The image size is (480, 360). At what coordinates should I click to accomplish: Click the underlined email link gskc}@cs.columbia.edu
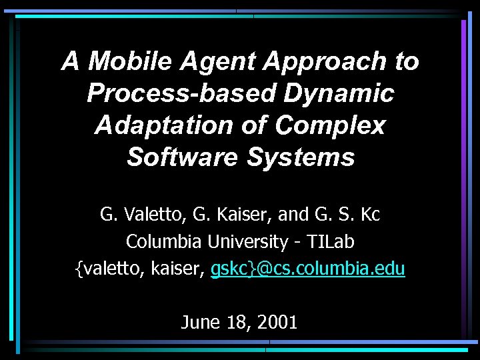(307, 269)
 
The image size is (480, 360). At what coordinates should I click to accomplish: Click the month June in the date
(200, 323)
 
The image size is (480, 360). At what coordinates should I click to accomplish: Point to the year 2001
(275, 323)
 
